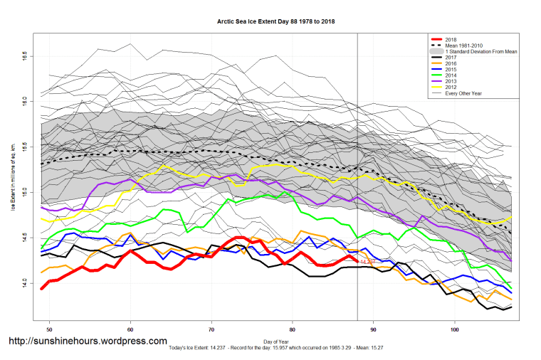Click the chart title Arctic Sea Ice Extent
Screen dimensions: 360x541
coord(275,21)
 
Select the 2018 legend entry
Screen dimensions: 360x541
coord(451,38)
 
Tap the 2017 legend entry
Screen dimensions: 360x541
coord(451,58)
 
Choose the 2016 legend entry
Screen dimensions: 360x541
coord(451,65)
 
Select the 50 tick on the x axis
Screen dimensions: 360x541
coord(50,330)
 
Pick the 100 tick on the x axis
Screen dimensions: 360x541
coord(455,330)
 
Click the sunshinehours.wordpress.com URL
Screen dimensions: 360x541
coord(88,342)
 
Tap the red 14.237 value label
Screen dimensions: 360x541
coord(367,263)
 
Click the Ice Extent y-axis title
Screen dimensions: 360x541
coord(12,181)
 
